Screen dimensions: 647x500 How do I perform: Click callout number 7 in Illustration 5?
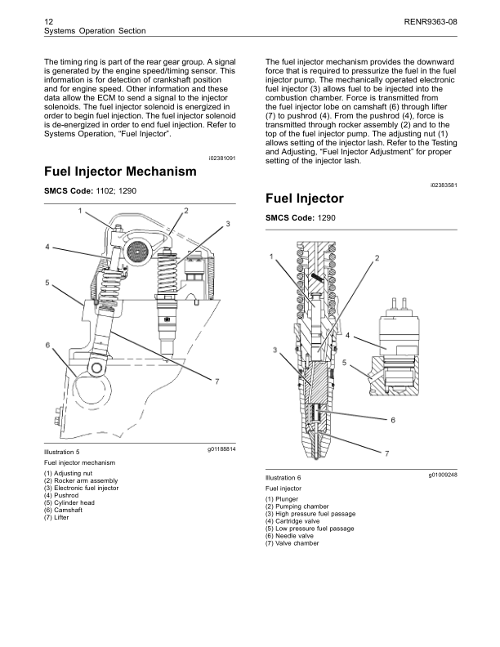(217, 383)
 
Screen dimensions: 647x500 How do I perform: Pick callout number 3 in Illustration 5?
(228, 223)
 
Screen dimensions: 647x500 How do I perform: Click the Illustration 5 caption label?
(61, 451)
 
